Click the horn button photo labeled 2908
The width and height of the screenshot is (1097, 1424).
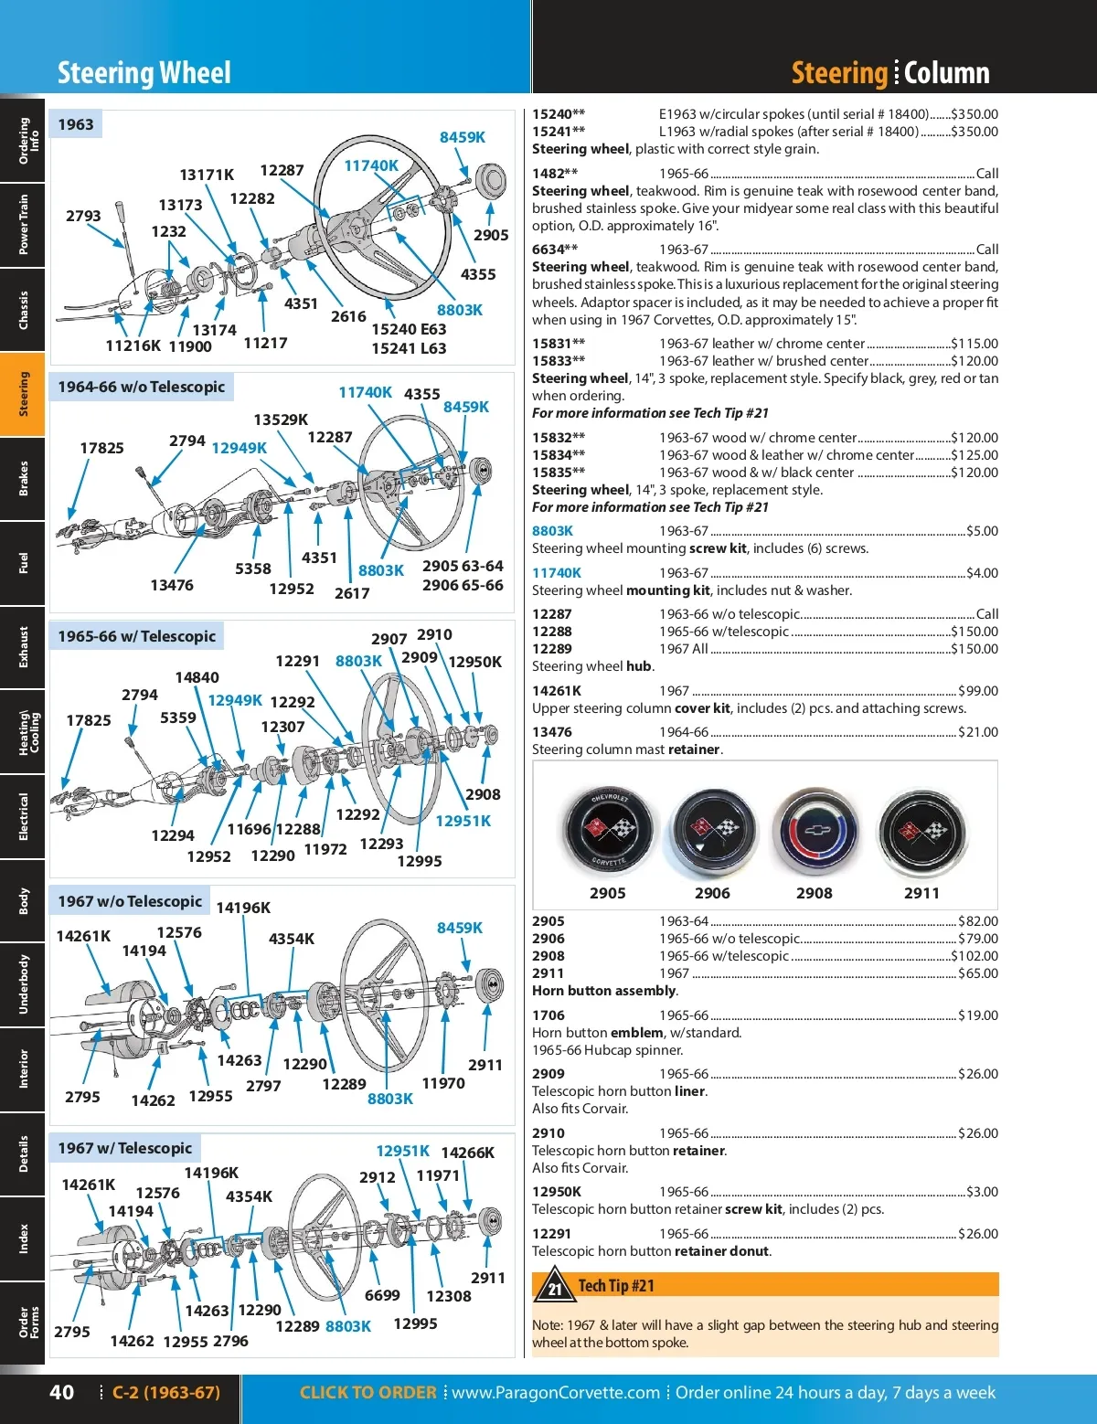(x=814, y=833)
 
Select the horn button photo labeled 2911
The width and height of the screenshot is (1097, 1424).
(x=922, y=833)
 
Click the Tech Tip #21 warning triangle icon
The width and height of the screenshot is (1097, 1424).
(x=554, y=1285)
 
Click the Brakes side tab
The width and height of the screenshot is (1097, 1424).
(x=23, y=479)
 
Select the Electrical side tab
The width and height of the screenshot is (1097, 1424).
(x=23, y=816)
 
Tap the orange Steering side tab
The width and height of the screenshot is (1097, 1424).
(x=23, y=394)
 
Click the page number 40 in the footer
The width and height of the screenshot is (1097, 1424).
(x=61, y=1392)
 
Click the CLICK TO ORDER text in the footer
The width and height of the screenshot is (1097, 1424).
(x=367, y=1392)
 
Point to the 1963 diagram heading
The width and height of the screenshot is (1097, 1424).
(x=76, y=124)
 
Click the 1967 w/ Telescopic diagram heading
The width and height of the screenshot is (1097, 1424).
(x=125, y=1148)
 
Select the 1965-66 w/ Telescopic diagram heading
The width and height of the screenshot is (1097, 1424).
(x=137, y=636)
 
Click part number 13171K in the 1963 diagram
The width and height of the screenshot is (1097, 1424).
(x=207, y=175)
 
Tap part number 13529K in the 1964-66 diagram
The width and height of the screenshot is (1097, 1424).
(x=281, y=420)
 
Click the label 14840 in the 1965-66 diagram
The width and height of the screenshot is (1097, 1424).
(x=197, y=677)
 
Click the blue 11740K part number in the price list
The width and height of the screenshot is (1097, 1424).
(x=556, y=573)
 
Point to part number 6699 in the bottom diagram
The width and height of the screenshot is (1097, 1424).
(x=382, y=1295)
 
